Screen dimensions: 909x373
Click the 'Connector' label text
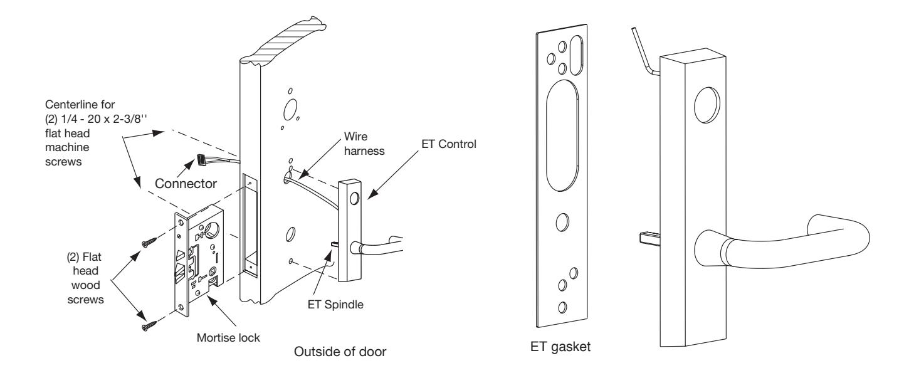tap(186, 184)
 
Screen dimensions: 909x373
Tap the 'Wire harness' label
tap(364, 144)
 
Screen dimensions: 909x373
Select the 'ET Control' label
tap(449, 144)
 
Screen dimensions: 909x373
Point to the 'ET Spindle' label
tap(335, 305)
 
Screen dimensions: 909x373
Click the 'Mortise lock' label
tap(228, 338)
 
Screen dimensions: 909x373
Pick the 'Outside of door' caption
tap(340, 352)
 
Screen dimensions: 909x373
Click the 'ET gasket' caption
tap(560, 347)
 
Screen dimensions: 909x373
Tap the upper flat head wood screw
tap(149, 243)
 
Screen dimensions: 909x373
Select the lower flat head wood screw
tap(149, 325)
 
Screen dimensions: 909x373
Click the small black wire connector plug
tap(201, 159)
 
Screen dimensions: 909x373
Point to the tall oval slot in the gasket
tap(562, 135)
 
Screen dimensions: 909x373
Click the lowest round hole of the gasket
tap(562, 307)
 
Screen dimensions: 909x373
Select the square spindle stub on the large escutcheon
tap(649, 238)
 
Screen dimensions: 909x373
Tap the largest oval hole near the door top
tap(290, 109)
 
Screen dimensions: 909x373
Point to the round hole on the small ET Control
tap(354, 199)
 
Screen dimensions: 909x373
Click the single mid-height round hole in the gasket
tap(562, 222)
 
